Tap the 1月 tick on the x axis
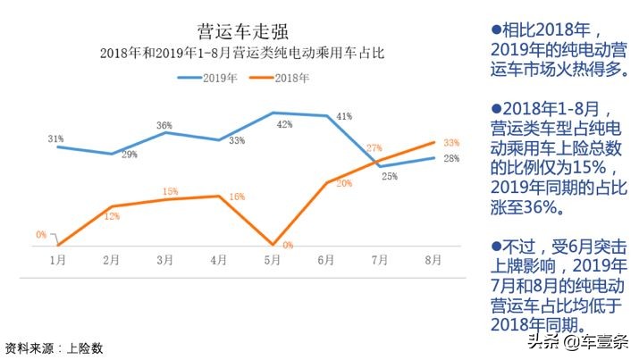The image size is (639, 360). coord(57,260)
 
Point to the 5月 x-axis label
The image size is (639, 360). coord(273,260)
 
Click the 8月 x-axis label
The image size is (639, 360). coord(433,260)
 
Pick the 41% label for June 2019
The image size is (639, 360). coord(344,116)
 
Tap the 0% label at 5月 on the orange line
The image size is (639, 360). coord(288,245)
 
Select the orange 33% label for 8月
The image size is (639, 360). coord(450,142)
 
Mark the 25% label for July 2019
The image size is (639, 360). coord(390,176)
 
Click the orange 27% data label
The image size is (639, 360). coord(374,148)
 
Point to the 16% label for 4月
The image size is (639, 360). coord(237,197)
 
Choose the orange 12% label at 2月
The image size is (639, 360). coord(112,215)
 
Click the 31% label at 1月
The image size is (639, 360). coord(55,138)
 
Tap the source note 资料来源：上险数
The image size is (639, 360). coord(54,347)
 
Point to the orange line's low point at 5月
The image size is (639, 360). coord(273,244)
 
